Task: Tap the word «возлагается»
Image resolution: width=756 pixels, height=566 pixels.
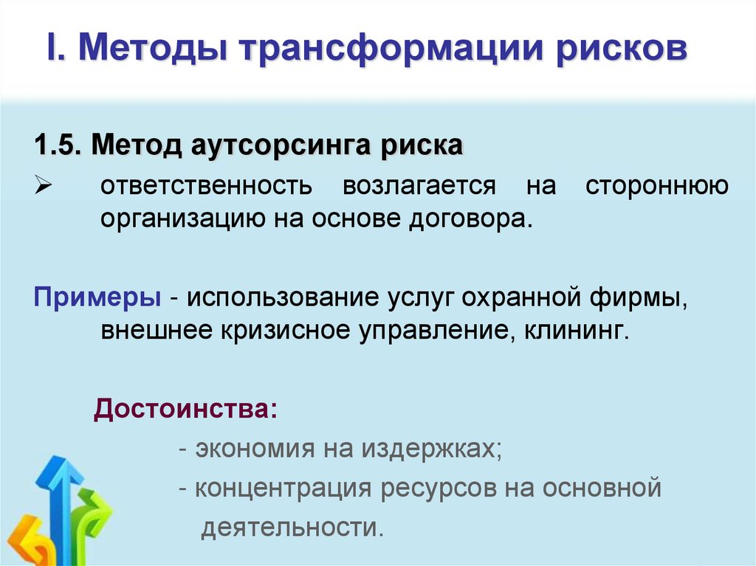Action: tap(419, 185)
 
